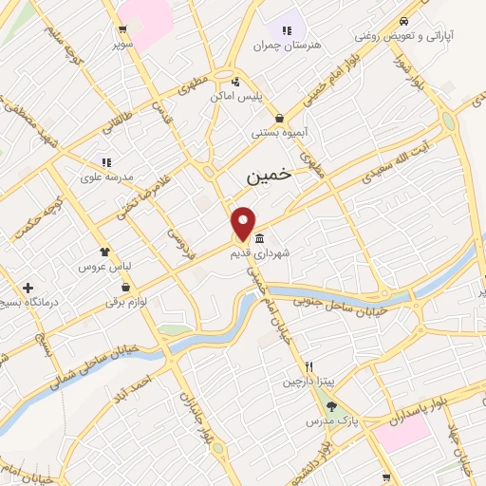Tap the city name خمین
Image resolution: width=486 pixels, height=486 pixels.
pyautogui.click(x=267, y=177)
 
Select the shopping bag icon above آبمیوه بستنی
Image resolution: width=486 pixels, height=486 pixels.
pyautogui.click(x=279, y=118)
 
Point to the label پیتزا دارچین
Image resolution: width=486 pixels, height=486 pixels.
pyautogui.click(x=308, y=382)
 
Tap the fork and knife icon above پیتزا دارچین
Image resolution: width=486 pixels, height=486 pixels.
pyautogui.click(x=308, y=365)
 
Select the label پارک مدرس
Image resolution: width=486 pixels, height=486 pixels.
pyautogui.click(x=331, y=421)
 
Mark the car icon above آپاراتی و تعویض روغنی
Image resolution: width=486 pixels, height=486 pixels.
pyautogui.click(x=404, y=20)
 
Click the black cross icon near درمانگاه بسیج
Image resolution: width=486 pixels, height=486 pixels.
pyautogui.click(x=28, y=287)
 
